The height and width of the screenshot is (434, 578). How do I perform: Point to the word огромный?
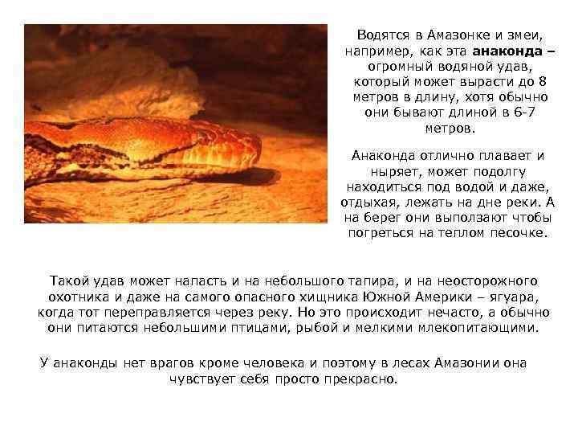(401, 67)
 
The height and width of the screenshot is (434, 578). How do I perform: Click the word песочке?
(519, 232)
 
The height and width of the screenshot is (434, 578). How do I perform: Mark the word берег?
(379, 217)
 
